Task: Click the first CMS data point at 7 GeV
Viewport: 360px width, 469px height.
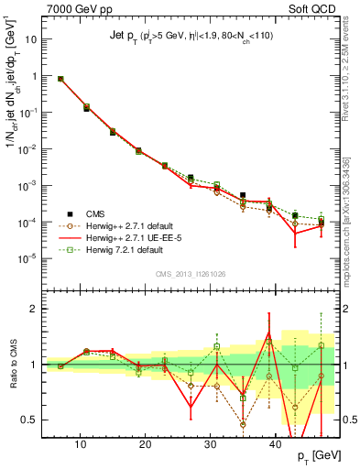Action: click(x=60, y=79)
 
